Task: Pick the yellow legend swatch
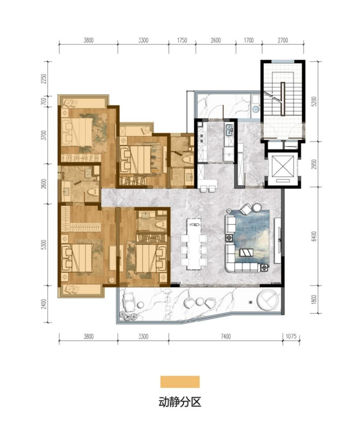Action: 179,382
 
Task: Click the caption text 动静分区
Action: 179,402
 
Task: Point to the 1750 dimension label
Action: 182,40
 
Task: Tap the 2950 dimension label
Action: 319,164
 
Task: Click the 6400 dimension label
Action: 319,236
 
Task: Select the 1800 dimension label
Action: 319,299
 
